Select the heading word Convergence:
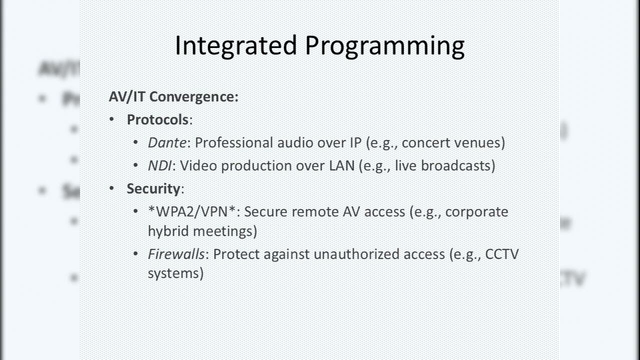[x=194, y=96]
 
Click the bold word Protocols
[x=157, y=119]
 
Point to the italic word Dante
[x=167, y=142]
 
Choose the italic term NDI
[x=159, y=165]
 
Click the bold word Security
[x=153, y=188]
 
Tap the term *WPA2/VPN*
[x=192, y=212]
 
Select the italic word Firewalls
[x=176, y=254]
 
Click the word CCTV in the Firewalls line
[x=502, y=254]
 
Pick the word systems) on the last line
[x=175, y=273]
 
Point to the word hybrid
[x=168, y=231]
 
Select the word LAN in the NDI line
[x=341, y=165]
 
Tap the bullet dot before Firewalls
[x=136, y=254]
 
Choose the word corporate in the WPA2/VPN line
[x=476, y=212]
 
